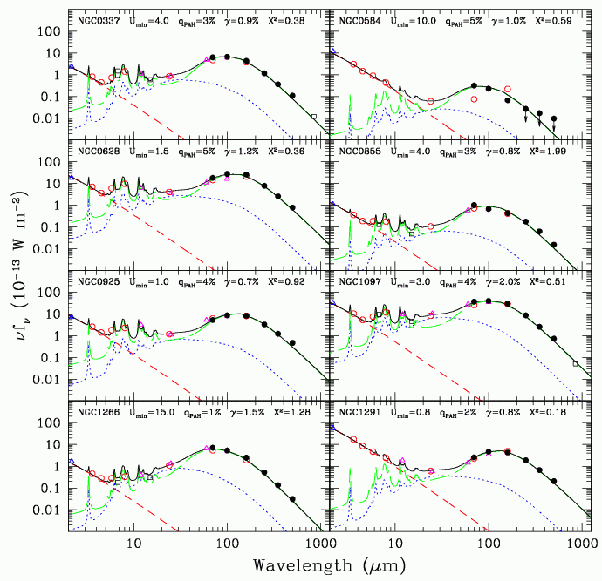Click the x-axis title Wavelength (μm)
pyautogui.click(x=330, y=566)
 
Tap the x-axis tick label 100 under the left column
pyautogui.click(x=227, y=545)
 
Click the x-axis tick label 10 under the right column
pyautogui.click(x=395, y=545)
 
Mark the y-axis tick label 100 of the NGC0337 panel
pyautogui.click(x=50, y=32)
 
